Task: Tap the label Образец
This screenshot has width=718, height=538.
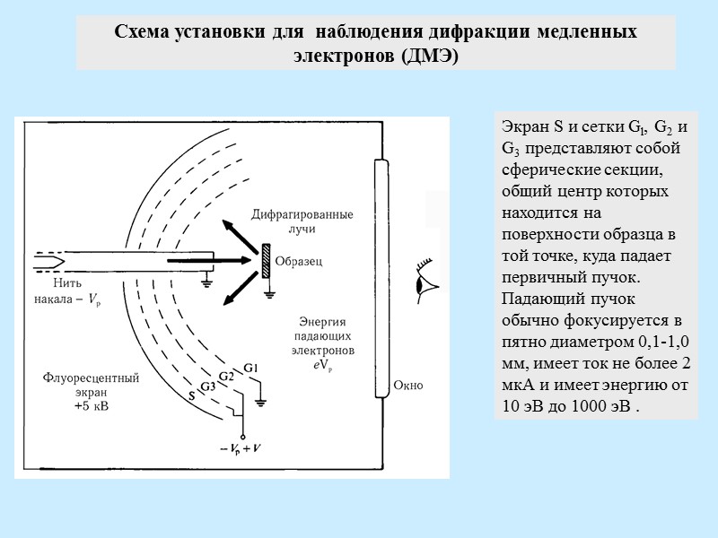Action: pos(298,261)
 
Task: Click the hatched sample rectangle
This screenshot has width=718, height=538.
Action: pos(266,261)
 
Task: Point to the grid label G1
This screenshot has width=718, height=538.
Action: pos(251,369)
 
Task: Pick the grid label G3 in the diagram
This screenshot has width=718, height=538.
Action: pos(207,386)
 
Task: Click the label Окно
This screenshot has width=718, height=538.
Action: pos(407,386)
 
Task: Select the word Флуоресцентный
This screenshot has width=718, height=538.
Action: pos(91,378)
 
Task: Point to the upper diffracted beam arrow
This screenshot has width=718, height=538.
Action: pos(238,230)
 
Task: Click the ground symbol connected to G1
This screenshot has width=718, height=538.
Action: pos(261,401)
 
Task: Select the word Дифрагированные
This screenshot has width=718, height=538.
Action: pos(302,215)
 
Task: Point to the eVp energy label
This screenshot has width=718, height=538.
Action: pos(324,366)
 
